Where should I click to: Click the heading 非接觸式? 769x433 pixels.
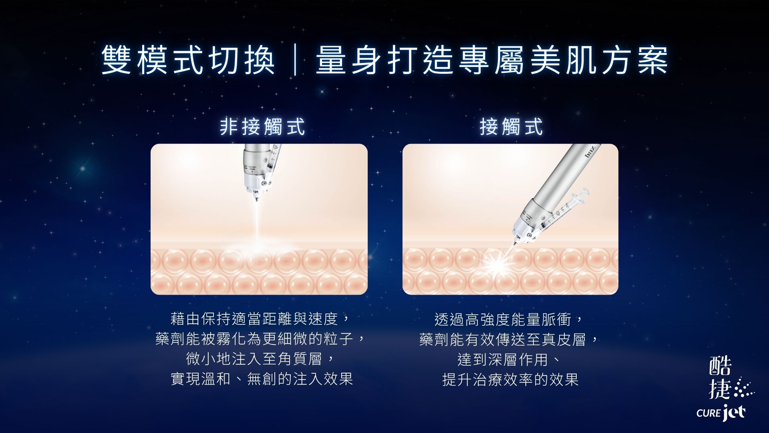click(262, 127)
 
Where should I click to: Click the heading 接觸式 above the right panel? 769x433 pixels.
click(511, 127)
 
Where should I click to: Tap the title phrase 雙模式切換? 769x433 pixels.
click(188, 61)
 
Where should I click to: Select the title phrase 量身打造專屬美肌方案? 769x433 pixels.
click(492, 61)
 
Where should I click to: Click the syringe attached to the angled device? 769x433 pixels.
click(565, 212)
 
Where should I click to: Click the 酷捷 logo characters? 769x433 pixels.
click(721, 377)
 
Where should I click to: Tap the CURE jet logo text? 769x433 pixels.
click(721, 413)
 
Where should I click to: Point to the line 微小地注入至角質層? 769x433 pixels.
click(254, 359)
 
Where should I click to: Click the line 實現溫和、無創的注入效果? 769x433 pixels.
click(262, 379)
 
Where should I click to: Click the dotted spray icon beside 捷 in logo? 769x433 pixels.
click(744, 388)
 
